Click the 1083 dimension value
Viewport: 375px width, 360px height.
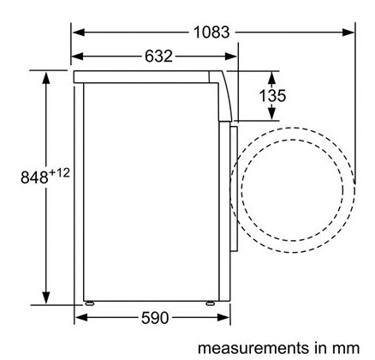(211, 32)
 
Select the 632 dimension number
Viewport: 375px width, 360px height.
(158, 57)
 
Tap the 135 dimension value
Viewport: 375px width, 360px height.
(272, 96)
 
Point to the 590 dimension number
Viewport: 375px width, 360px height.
(155, 318)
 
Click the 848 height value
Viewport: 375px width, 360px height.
(34, 177)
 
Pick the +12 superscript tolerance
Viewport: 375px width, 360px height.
(60, 173)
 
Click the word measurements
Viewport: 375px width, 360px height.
(253, 348)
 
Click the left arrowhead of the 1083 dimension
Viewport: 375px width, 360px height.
(78, 32)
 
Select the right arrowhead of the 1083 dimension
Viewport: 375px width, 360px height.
(348, 32)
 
